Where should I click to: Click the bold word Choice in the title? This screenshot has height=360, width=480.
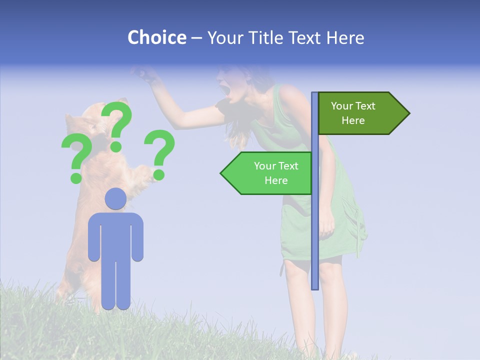156,37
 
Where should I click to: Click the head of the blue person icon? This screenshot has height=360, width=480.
115,199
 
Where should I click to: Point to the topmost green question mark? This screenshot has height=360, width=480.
117,122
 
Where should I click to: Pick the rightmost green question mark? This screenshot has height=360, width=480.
159,152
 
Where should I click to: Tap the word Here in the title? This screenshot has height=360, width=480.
345,37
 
